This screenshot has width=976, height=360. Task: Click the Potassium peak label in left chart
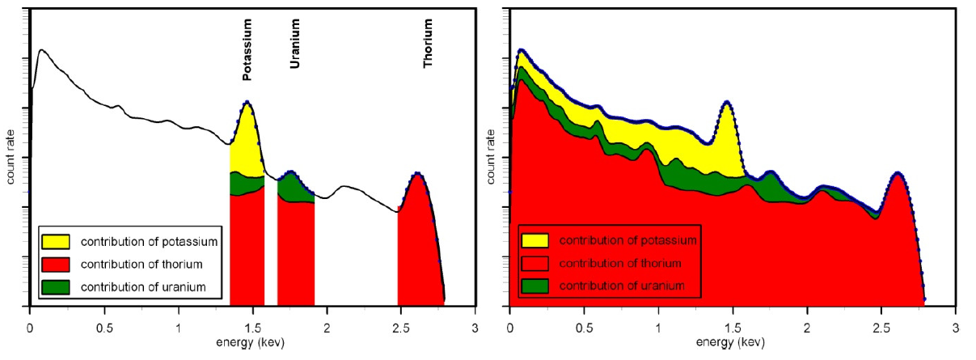[247, 50]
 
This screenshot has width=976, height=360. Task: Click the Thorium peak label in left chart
[428, 50]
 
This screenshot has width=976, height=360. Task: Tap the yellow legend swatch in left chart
[55, 240]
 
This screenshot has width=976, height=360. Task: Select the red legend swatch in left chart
[55, 264]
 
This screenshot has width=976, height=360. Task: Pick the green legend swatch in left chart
[55, 286]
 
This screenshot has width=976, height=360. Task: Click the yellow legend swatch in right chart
[534, 240]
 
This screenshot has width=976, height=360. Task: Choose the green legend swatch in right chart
[534, 286]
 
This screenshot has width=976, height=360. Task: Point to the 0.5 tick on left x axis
[104, 330]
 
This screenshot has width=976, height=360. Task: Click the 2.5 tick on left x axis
[401, 330]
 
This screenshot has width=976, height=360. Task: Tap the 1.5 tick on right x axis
[733, 330]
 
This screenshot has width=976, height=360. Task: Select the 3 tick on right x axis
[956, 330]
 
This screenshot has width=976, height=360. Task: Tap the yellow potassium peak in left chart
[247, 138]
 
